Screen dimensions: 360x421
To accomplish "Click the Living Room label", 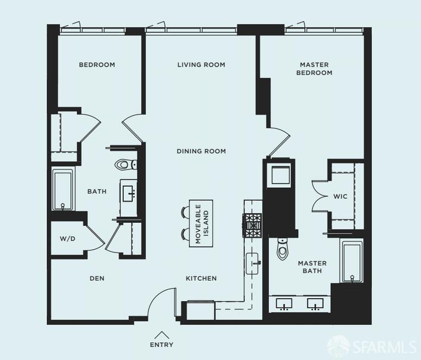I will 201,65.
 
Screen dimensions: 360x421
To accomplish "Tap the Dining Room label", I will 201,151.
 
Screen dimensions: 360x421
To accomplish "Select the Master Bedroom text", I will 315,68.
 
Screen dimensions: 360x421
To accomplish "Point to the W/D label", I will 68,239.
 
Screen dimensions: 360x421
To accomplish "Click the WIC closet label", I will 340,196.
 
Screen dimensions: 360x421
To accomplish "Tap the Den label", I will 97,278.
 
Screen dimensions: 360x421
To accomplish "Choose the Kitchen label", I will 201,278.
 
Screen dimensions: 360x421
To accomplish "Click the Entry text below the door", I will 162,345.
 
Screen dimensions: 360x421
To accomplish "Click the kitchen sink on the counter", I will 254,262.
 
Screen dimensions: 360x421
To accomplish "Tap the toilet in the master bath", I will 282,250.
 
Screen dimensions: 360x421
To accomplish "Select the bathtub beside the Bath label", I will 62,190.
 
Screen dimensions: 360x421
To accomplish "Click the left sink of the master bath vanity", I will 285,304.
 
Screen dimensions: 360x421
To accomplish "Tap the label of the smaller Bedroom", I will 97,65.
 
